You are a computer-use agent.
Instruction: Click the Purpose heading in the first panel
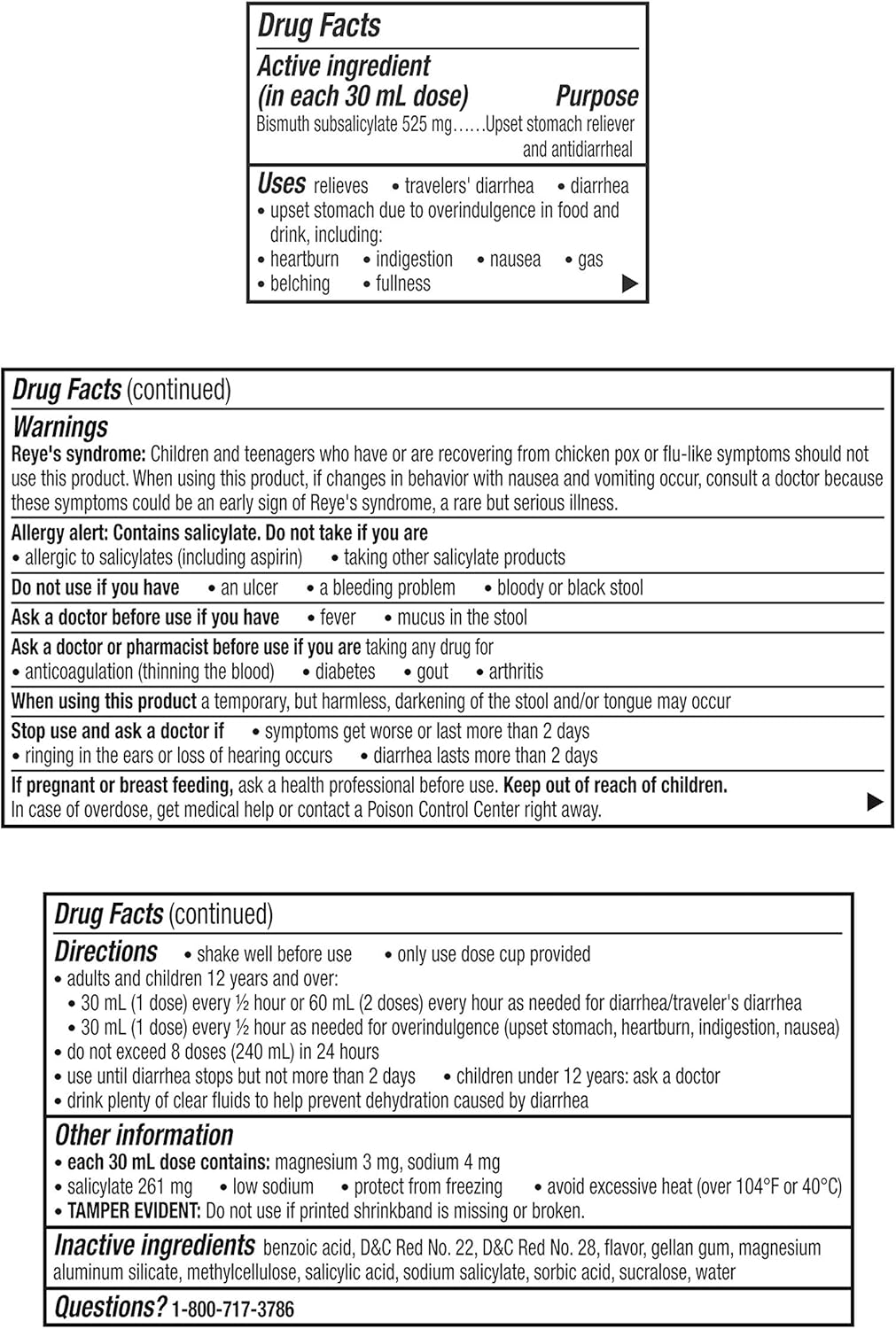click(596, 96)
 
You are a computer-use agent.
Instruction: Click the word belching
click(300, 284)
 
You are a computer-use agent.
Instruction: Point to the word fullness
click(402, 284)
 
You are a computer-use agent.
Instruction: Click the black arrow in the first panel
click(629, 284)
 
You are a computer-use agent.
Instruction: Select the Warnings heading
click(60, 426)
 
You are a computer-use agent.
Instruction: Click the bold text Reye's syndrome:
click(78, 455)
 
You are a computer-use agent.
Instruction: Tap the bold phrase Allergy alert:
click(59, 533)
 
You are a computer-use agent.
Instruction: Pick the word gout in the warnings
click(432, 672)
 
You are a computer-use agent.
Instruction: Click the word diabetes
click(345, 672)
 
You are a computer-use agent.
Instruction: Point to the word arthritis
click(516, 672)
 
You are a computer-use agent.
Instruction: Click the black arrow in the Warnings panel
click(874, 802)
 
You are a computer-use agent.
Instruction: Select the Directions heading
click(106, 952)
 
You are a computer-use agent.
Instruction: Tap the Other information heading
click(144, 1135)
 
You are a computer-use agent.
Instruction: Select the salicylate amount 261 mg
click(167, 1187)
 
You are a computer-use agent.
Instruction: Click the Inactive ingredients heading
click(154, 1246)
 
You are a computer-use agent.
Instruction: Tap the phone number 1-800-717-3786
click(233, 1309)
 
